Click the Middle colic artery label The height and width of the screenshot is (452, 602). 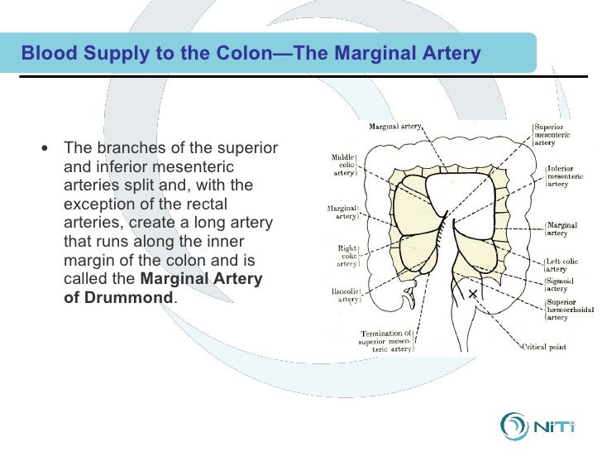345,165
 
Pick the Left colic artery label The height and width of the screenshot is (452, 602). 562,266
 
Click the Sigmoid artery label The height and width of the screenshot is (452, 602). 559,284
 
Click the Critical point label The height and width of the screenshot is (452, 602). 543,347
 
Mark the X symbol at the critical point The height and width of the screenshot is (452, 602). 473,294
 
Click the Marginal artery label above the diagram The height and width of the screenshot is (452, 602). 394,127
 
